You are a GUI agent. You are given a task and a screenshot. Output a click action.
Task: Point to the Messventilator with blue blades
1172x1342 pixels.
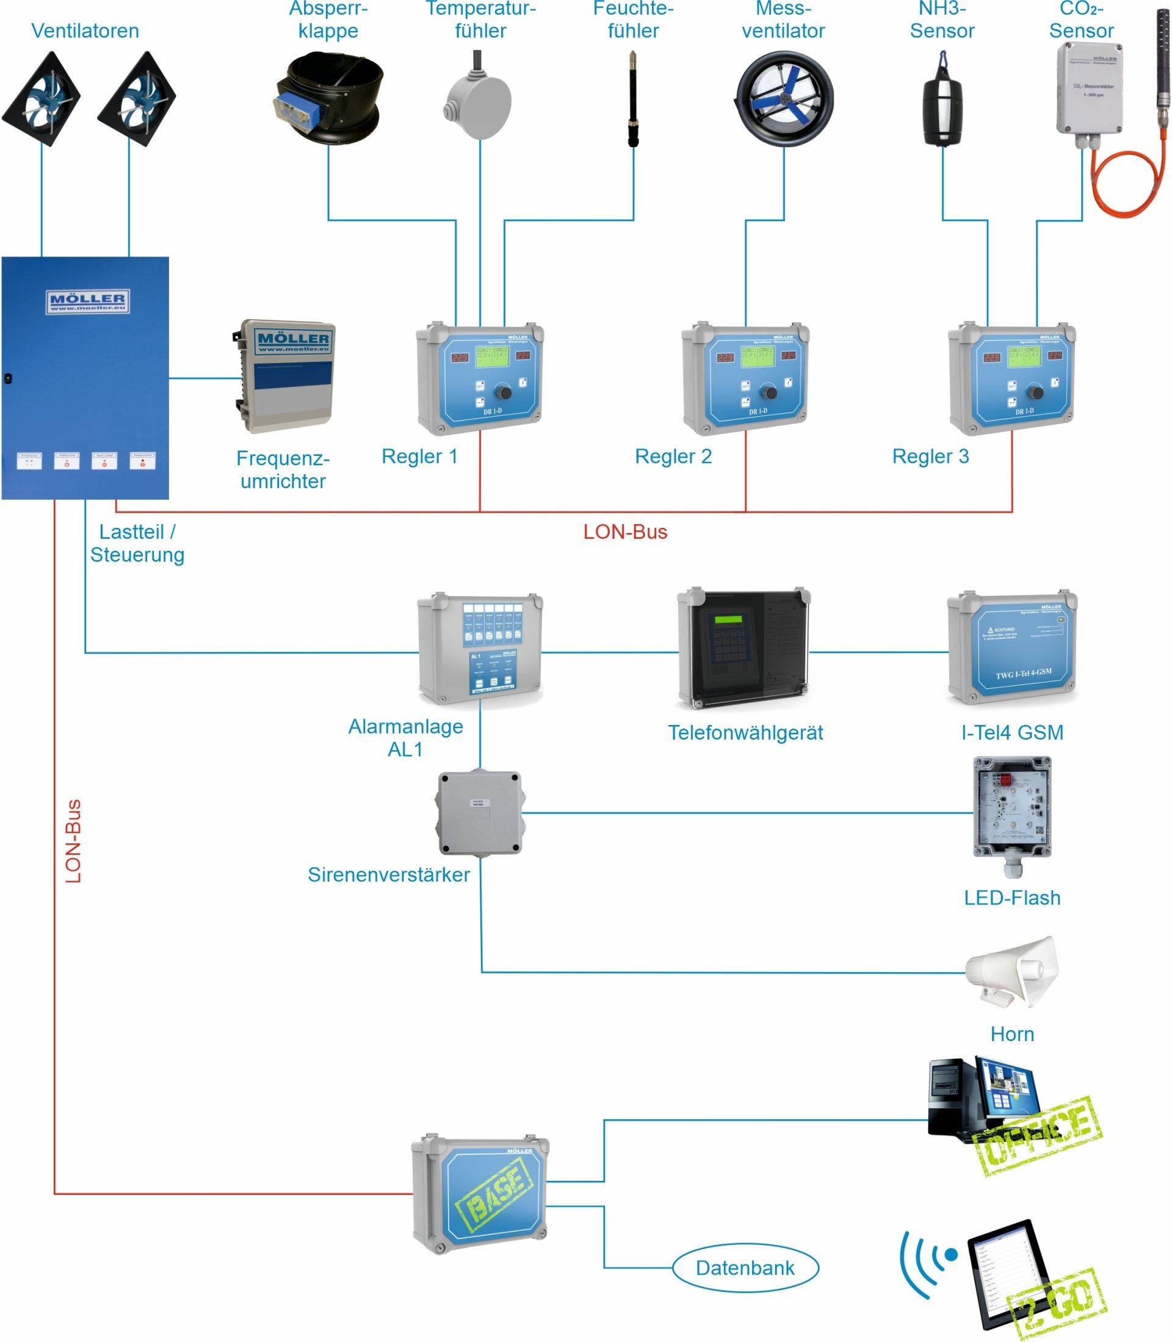tap(784, 98)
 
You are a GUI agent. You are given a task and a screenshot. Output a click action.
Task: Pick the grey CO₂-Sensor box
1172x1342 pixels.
tap(1090, 88)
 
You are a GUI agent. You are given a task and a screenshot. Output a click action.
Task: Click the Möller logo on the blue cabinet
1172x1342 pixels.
tap(87, 301)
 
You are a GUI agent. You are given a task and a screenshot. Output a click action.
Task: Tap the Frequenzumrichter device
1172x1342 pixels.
tap(284, 376)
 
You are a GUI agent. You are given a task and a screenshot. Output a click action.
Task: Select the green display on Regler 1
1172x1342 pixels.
tap(492, 356)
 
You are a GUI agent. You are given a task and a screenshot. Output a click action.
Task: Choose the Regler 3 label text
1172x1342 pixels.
tap(930, 456)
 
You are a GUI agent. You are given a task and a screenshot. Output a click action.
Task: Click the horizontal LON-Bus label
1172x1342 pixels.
tap(624, 532)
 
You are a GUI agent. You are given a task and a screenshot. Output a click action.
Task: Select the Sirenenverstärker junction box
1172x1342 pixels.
tap(480, 813)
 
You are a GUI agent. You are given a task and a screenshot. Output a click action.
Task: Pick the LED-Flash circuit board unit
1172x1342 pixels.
tap(1012, 807)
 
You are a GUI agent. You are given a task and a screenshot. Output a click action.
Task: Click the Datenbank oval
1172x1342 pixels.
tap(745, 1268)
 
